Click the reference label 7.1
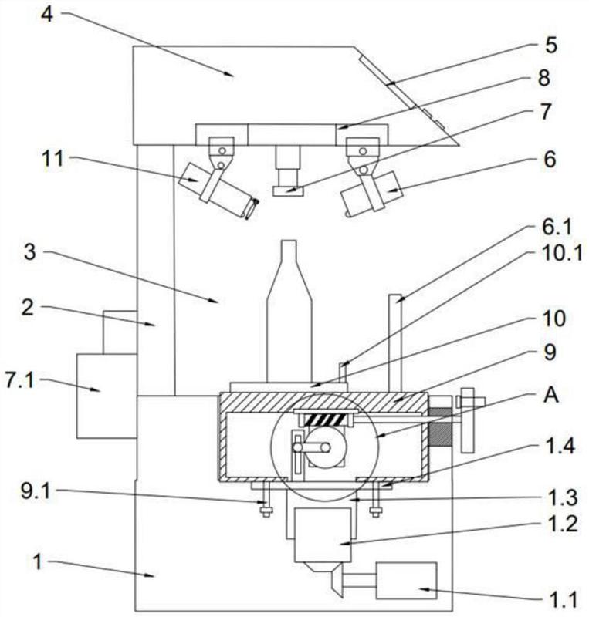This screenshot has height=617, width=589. coord(20,381)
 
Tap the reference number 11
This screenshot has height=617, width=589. coord(52,159)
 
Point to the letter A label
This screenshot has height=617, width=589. coord(550,395)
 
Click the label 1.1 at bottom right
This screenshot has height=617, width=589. coord(564,600)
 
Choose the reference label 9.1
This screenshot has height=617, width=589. coord(36,491)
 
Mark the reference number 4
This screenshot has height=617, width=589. coord(47,14)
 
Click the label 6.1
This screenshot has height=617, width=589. coord(557,228)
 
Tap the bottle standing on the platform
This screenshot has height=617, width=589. coord(289,311)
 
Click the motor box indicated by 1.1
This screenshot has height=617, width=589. coord(406,581)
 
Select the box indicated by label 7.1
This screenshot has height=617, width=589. coord(107,396)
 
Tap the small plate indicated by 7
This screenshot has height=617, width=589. coord(288,190)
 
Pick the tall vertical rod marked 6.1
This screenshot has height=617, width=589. coord(395,342)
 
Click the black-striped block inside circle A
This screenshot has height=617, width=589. coord(327,419)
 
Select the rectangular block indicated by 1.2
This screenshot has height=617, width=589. coord(323,534)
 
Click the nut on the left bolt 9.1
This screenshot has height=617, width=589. coord(266,511)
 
